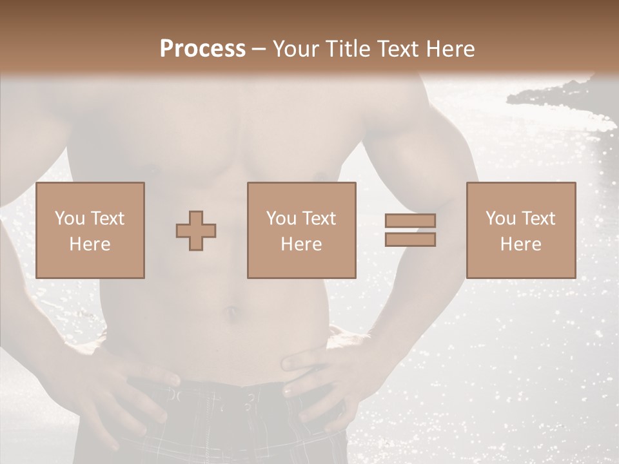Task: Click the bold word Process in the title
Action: click(202, 48)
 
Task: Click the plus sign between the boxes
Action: click(196, 231)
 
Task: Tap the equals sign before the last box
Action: click(410, 230)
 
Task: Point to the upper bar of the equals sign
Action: click(410, 221)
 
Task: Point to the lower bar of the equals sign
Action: click(410, 239)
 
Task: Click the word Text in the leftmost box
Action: click(107, 218)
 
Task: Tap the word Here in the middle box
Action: click(302, 244)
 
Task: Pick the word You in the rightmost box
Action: click(501, 218)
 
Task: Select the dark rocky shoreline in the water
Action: click(555, 97)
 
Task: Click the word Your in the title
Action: click(294, 48)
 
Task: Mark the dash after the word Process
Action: click(259, 49)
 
